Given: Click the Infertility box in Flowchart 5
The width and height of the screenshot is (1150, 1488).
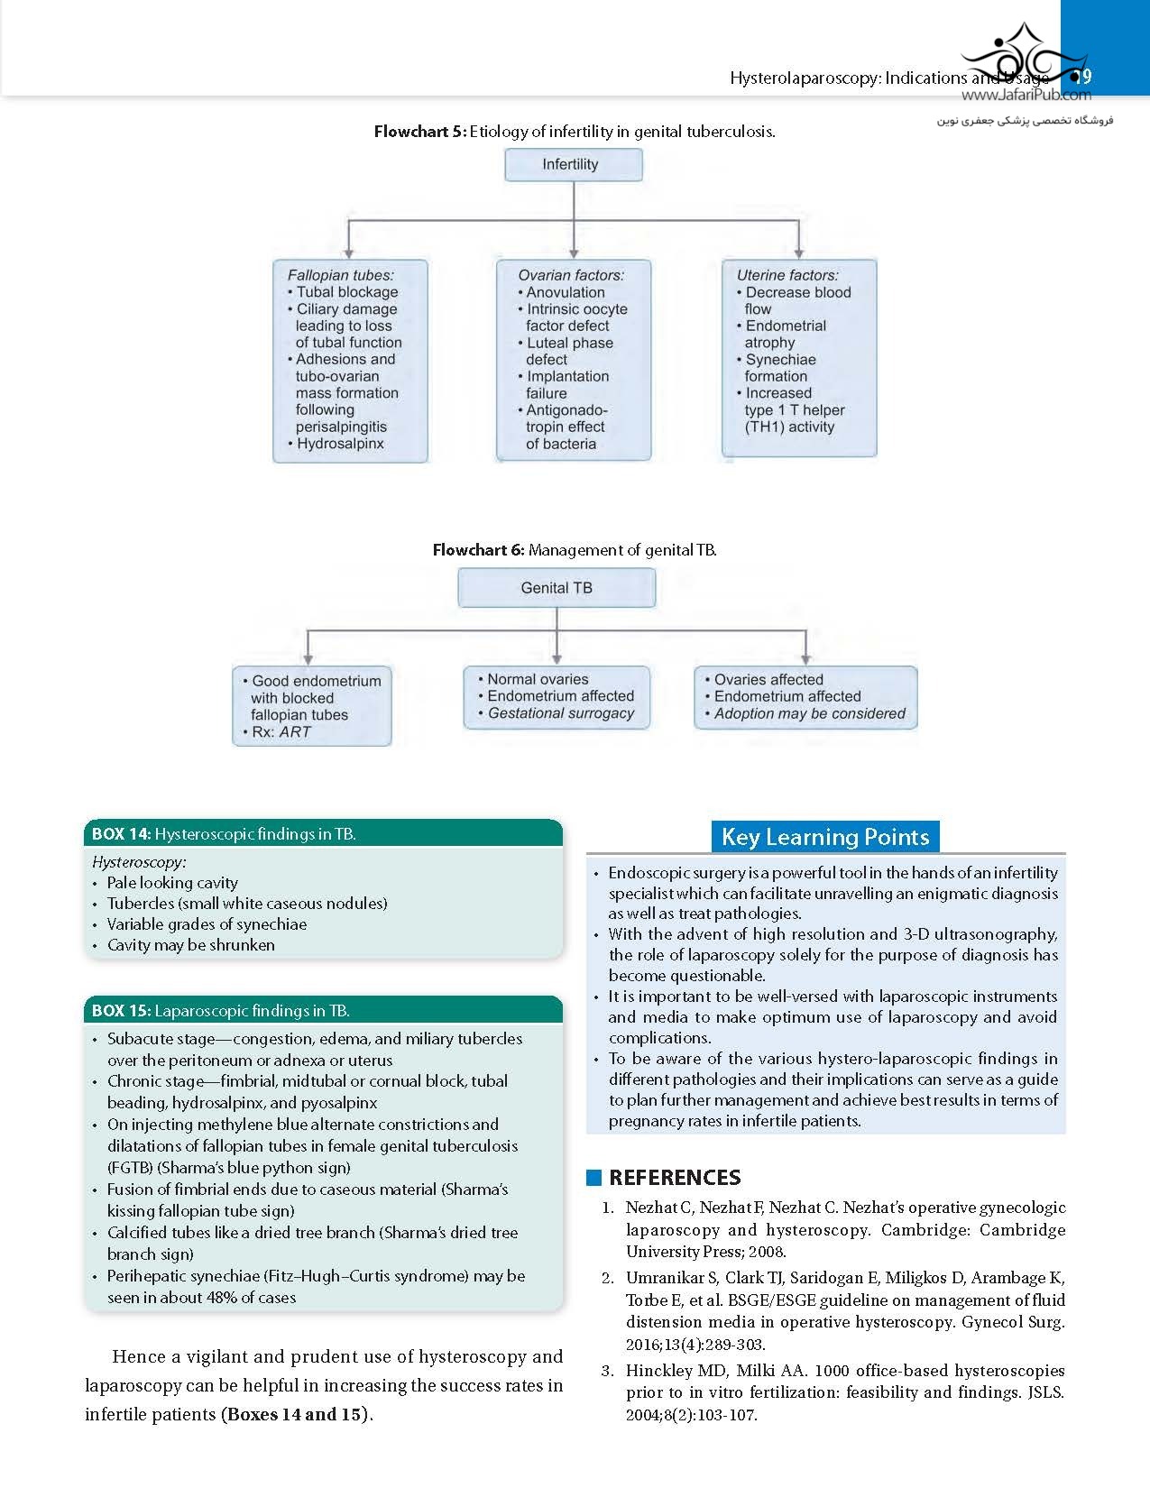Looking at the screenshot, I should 573,165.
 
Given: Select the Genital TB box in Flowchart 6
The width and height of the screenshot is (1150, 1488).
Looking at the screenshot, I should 557,588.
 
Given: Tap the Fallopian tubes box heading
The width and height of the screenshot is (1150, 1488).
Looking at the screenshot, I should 341,275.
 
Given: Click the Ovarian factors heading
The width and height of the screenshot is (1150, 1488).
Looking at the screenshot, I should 571,275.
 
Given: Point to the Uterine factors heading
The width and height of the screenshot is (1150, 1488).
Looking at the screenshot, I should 787,275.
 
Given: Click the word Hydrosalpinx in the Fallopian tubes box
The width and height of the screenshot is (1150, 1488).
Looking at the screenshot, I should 340,444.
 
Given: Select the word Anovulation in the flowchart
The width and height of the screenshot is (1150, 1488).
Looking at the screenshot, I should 566,292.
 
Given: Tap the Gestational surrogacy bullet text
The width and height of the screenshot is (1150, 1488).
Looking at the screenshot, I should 561,713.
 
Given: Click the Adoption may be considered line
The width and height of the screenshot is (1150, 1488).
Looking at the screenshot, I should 810,713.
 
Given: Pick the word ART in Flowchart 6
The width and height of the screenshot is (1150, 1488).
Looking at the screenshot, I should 295,732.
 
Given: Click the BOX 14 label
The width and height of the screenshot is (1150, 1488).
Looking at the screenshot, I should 121,834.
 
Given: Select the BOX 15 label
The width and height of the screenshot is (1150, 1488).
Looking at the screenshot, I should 121,1011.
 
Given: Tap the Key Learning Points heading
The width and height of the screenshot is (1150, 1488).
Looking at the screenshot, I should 825,837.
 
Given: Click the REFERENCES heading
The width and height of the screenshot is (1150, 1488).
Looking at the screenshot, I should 675,1178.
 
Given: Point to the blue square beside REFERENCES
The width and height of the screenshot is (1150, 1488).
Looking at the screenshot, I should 593,1177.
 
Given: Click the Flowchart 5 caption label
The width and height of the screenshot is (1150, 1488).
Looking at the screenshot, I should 419,132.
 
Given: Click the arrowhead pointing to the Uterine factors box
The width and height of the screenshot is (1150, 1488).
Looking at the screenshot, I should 798,253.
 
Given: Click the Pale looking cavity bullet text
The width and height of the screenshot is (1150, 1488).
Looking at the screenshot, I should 172,883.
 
